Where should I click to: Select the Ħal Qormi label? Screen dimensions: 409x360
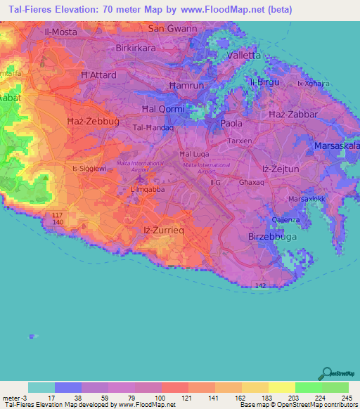(x=163, y=109)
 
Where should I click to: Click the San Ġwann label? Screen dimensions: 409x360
(x=172, y=28)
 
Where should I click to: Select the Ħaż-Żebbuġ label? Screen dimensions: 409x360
(x=92, y=122)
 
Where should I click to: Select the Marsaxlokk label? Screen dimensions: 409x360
(x=304, y=198)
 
